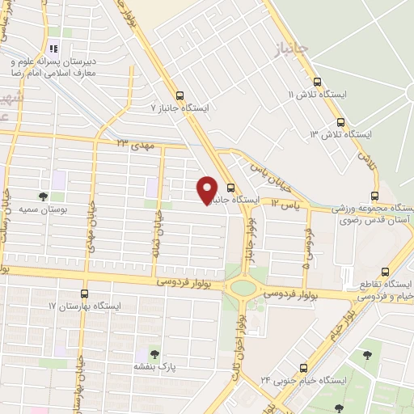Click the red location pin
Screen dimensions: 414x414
tap(207, 189)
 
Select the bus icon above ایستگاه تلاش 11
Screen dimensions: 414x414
tap(317, 82)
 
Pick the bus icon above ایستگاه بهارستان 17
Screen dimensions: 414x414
tap(85, 294)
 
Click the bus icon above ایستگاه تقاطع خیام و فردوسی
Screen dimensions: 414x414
tap(385, 273)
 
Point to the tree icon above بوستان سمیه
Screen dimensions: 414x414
tap(43, 196)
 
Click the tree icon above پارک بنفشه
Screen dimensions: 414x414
tap(154, 353)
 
